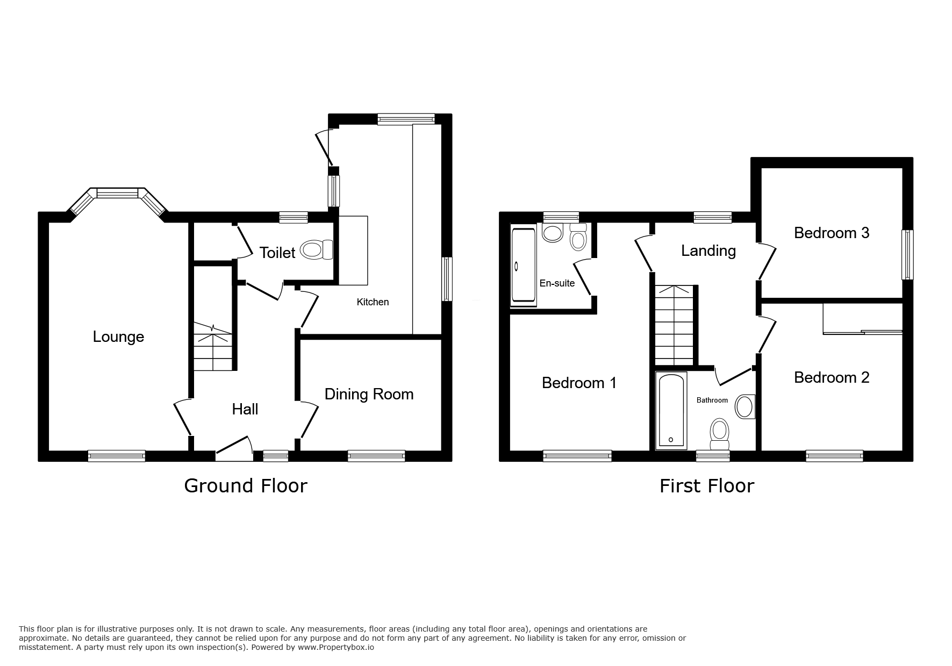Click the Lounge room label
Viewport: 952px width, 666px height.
[118, 337]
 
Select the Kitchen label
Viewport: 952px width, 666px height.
[373, 302]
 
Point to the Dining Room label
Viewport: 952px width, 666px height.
[369, 395]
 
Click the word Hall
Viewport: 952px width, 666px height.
[245, 410]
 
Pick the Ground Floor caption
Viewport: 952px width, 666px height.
[246, 486]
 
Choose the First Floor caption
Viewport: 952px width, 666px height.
[707, 486]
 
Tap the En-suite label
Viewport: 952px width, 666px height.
[557, 283]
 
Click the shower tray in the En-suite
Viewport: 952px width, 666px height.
[523, 266]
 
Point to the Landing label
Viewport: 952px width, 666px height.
[708, 251]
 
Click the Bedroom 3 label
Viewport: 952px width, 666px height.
[832, 233]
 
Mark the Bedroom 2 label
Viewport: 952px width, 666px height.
[832, 377]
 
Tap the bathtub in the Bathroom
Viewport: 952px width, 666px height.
[671, 410]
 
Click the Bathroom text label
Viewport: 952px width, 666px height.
[712, 400]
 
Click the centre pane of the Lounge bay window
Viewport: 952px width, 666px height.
[118, 193]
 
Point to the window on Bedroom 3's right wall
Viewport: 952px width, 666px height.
[907, 255]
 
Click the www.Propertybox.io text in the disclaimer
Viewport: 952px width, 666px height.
[335, 648]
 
